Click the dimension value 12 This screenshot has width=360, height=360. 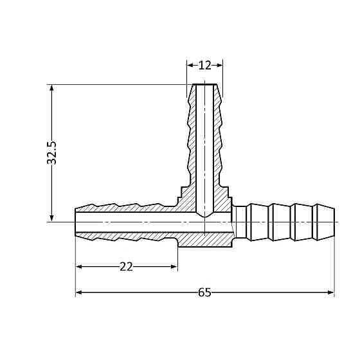[205, 65]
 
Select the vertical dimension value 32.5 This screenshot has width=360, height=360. [52, 153]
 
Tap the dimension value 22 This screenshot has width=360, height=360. [126, 267]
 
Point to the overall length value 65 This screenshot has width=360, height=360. [204, 292]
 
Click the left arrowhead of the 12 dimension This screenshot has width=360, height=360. [190, 65]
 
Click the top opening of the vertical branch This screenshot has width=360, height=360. [205, 85]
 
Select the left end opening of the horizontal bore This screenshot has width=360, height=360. [76, 222]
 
